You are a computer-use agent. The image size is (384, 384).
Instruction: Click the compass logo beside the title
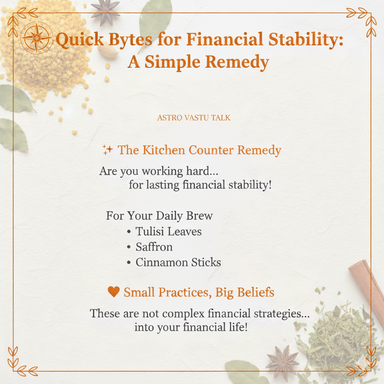point(37,38)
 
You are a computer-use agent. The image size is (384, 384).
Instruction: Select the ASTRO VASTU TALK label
point(194,118)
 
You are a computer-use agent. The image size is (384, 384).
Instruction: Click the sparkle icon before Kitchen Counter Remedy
point(108,150)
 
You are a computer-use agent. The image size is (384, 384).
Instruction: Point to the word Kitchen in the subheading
point(164,150)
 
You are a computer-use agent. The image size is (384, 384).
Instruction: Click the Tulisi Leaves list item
point(168,231)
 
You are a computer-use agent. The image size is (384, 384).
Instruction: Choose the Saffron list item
point(154,247)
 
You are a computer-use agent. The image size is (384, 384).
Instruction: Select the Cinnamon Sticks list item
point(178,262)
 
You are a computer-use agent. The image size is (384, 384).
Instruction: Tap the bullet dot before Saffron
point(129,247)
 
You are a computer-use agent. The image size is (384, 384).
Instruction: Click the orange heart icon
point(114,292)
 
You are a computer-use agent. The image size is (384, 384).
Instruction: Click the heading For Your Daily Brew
point(159,216)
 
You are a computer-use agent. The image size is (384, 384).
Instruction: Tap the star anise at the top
point(105,12)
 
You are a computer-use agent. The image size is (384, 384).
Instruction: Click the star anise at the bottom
point(283,363)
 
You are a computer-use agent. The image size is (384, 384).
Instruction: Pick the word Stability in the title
point(306,40)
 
